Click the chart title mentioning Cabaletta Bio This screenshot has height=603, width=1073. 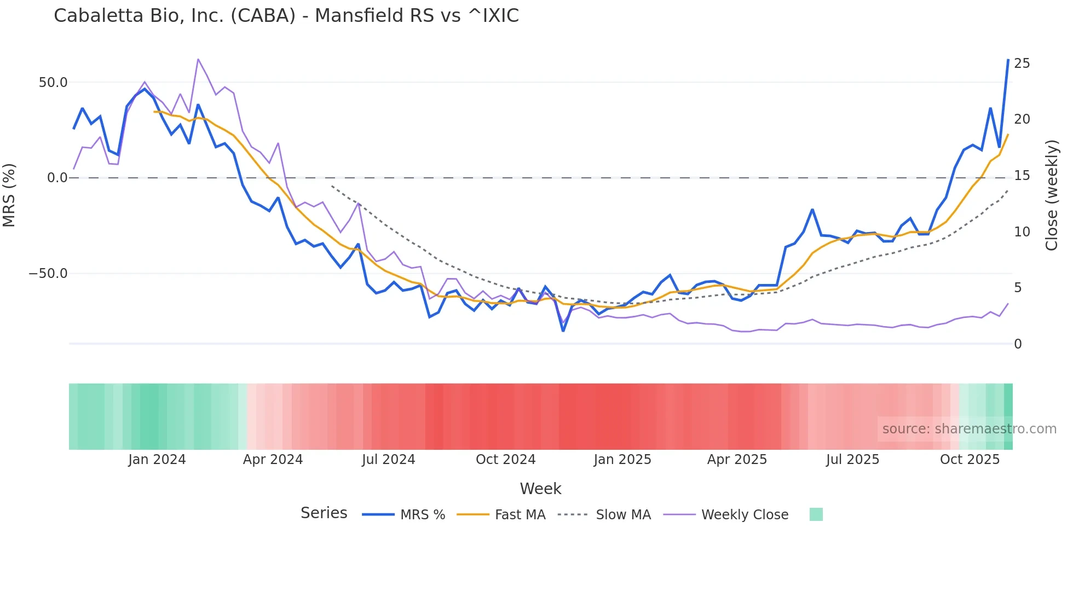tap(286, 16)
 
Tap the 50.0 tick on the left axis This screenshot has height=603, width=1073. tap(53, 83)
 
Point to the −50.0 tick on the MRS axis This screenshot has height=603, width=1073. tap(48, 274)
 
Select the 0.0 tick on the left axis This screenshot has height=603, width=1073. tap(57, 178)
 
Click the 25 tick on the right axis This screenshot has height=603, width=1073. tap(1022, 63)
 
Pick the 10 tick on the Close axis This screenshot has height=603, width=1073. tap(1022, 232)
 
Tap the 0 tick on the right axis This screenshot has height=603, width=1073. tap(1018, 344)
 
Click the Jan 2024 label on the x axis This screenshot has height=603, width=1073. tap(157, 460)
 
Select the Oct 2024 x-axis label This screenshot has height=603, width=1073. tap(505, 460)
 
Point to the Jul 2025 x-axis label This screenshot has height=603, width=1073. tap(852, 460)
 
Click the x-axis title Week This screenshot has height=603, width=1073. tap(540, 489)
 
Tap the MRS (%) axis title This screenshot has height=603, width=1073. tap(9, 195)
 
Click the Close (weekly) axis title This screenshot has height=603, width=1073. tap(1052, 195)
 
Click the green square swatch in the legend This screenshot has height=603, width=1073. tap(816, 514)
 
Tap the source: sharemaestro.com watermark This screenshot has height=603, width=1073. tap(969, 429)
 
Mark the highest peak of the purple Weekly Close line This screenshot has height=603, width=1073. tap(198, 59)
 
